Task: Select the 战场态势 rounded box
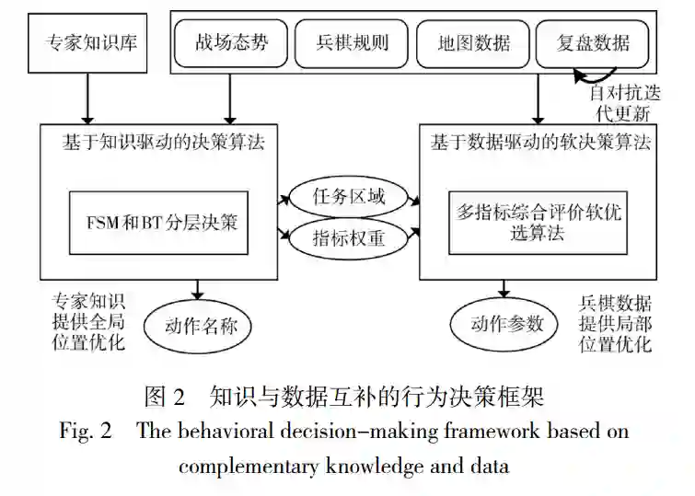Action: pyautogui.click(x=232, y=42)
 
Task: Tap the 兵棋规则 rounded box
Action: pyautogui.click(x=353, y=42)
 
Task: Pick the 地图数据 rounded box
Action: pyautogui.click(x=474, y=42)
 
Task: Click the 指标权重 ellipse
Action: pyautogui.click(x=349, y=238)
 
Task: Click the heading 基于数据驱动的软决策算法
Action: pyautogui.click(x=541, y=144)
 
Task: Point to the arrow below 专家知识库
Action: pyautogui.click(x=88, y=98)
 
